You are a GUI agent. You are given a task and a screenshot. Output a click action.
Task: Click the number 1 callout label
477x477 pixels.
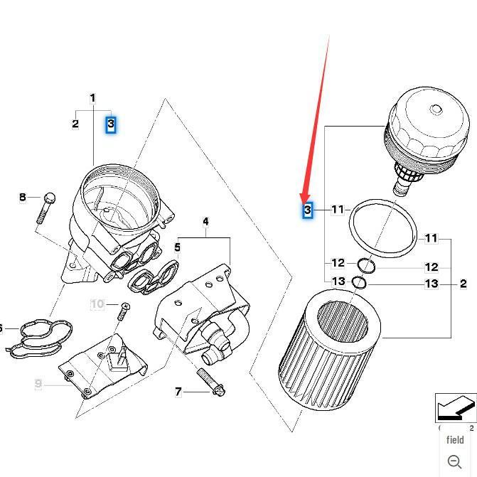point(92,98)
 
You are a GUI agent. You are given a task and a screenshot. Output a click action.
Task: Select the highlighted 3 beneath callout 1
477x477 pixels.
point(111,124)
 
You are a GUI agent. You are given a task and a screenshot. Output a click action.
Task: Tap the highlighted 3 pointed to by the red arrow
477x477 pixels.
point(308,210)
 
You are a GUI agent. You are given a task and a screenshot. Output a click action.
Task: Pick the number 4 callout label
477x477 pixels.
point(205,222)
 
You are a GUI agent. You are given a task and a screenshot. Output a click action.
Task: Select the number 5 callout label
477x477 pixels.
point(177,248)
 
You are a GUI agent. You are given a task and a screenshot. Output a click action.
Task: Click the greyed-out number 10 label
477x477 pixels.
point(97,304)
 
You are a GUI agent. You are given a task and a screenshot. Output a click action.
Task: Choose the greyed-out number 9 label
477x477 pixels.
point(38,384)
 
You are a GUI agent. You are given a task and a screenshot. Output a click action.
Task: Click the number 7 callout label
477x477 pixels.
point(178,392)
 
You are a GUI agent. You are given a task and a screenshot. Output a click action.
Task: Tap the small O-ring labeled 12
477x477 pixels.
point(366,266)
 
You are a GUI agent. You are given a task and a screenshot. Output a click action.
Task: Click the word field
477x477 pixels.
point(455,439)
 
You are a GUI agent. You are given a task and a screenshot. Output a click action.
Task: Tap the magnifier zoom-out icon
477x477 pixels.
point(455,461)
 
